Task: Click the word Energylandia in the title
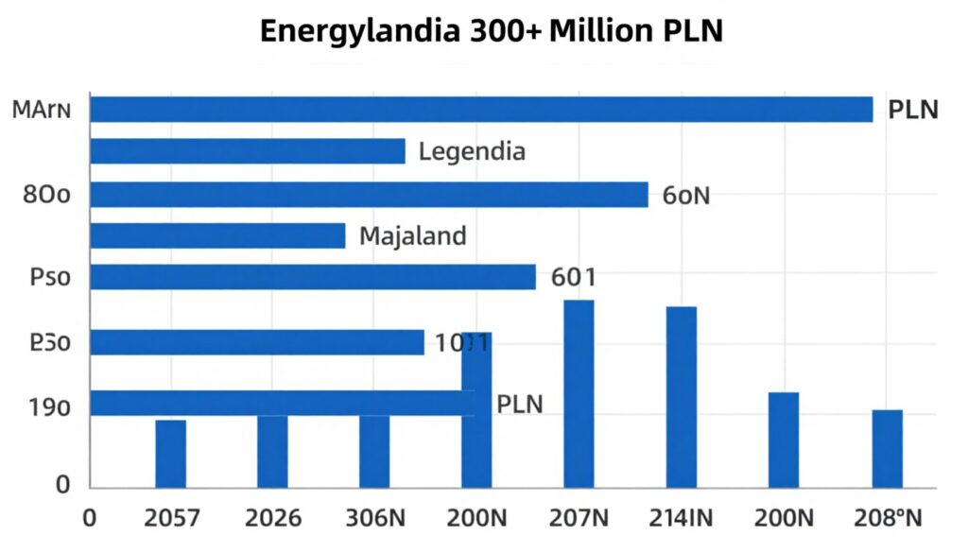click(360, 31)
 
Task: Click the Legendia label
click(472, 151)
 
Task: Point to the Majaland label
click(413, 235)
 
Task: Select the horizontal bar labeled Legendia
click(248, 151)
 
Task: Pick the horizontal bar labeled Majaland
click(217, 235)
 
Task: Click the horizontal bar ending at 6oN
click(369, 194)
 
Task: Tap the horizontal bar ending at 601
click(313, 277)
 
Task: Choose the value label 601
click(573, 277)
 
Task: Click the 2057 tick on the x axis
click(170, 518)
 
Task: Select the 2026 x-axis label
click(272, 518)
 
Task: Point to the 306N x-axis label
click(374, 518)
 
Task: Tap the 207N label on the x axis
click(579, 518)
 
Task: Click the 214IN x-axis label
click(682, 518)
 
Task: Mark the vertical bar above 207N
click(579, 392)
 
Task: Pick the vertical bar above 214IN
click(682, 397)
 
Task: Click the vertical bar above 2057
click(170, 454)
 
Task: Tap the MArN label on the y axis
click(42, 110)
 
